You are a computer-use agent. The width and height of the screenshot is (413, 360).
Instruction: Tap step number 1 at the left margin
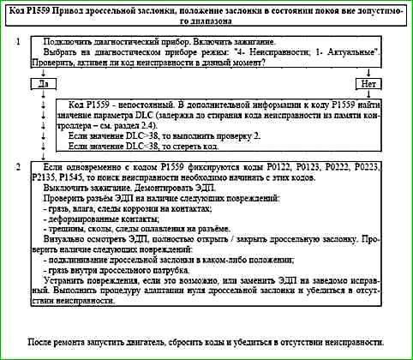[19, 42]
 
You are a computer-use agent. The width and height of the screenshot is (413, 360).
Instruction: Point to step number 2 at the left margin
[19, 164]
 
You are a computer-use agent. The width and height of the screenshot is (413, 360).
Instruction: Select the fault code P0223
[374, 164]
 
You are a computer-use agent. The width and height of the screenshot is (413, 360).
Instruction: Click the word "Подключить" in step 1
[71, 42]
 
